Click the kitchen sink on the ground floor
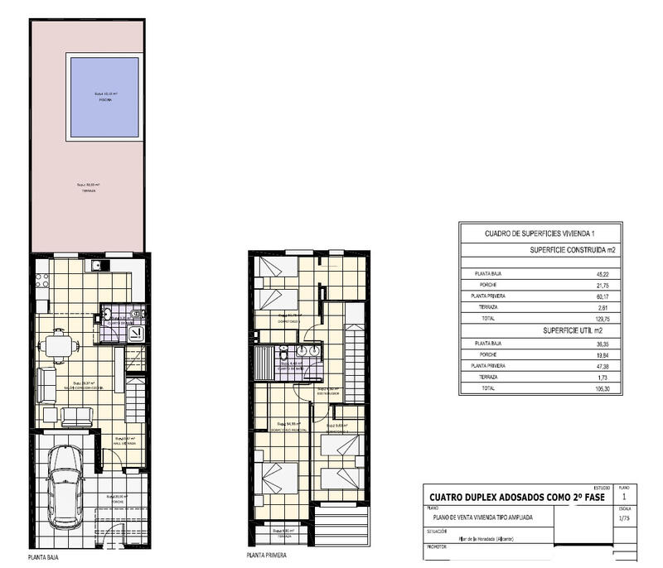pyautogui.click(x=98, y=266)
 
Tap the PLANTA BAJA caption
pyautogui.click(x=44, y=557)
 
